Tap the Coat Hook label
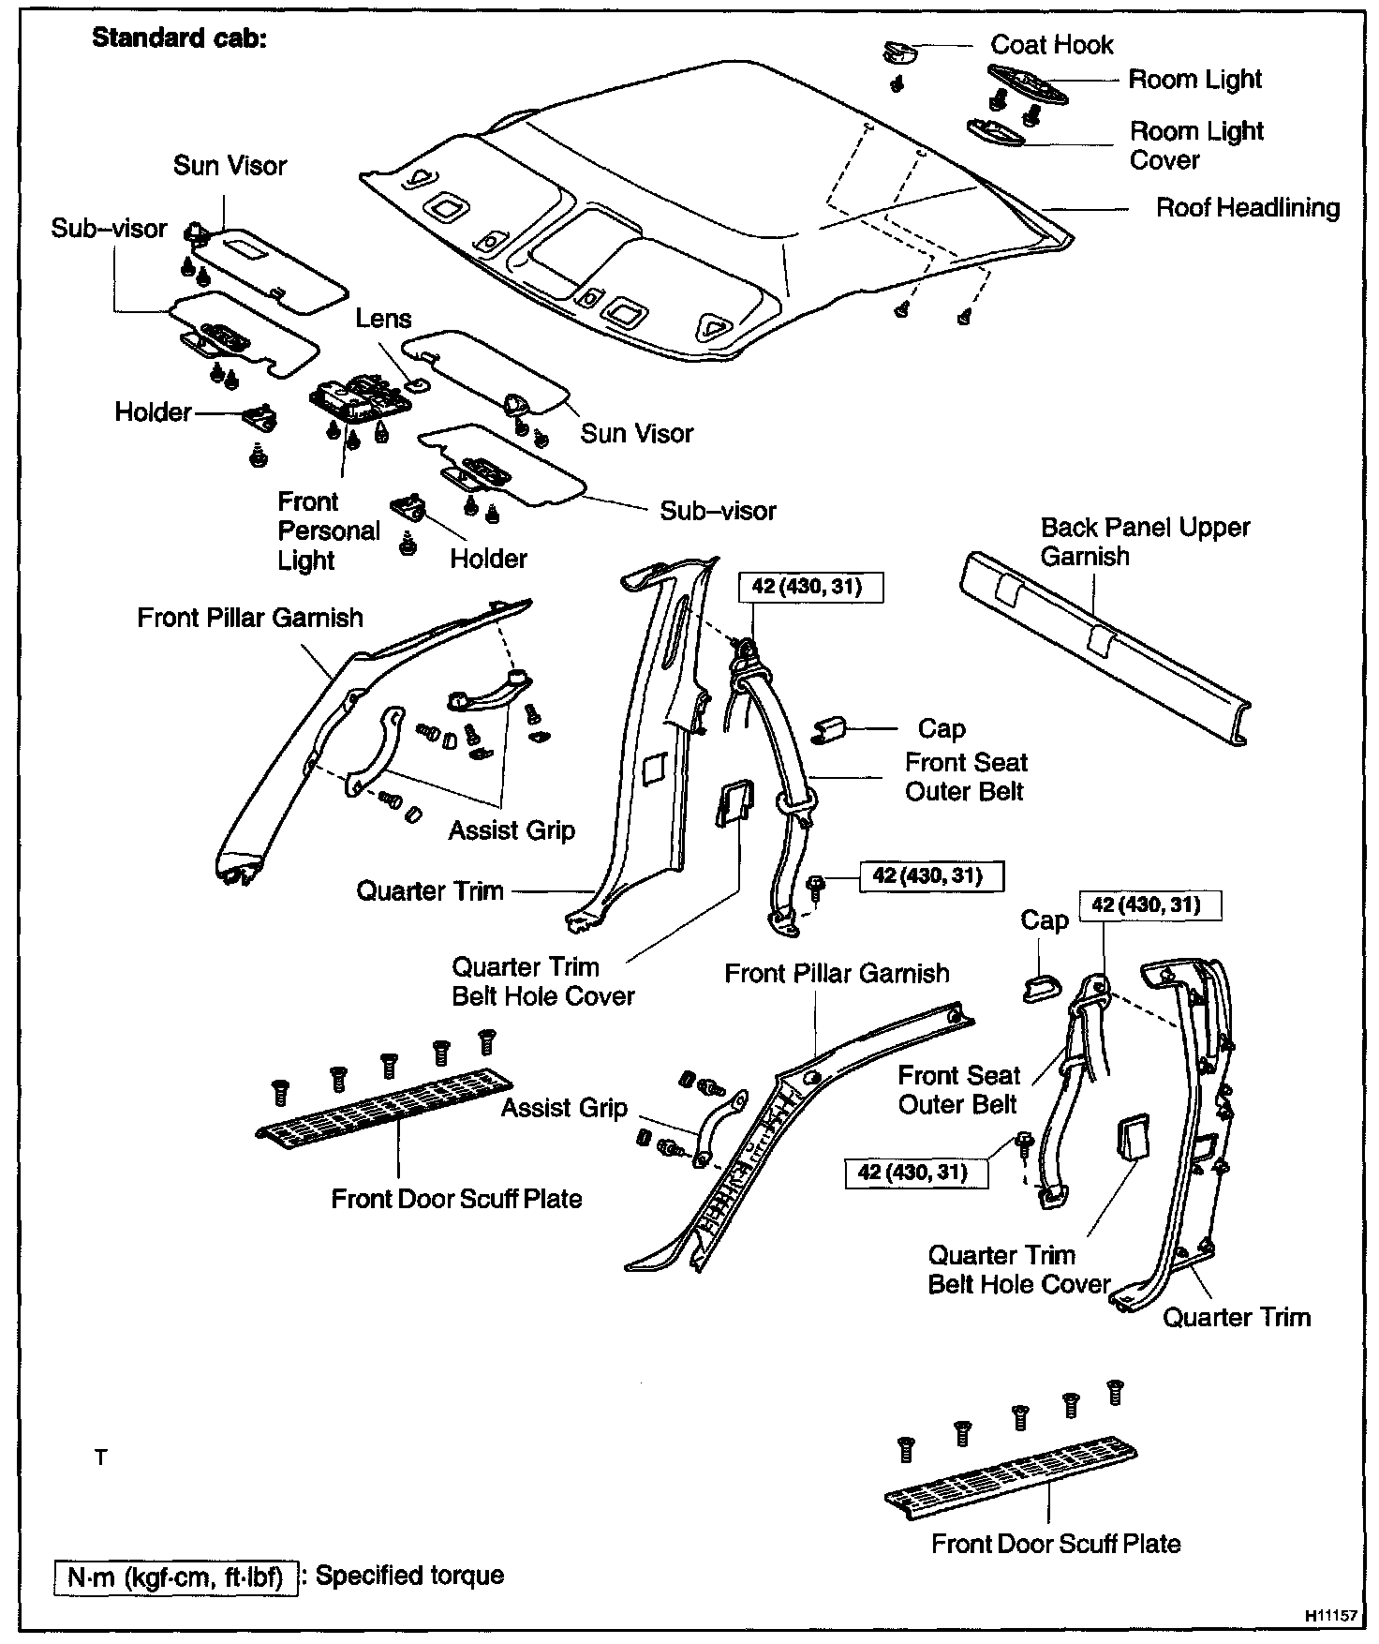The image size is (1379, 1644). click(1051, 45)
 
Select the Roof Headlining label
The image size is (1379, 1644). click(1247, 207)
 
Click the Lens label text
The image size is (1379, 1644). click(383, 319)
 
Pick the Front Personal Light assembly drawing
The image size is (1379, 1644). click(361, 399)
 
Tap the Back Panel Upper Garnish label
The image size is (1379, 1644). click(1145, 541)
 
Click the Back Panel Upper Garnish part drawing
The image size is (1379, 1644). click(1105, 647)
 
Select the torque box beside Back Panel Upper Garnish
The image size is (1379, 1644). click(812, 587)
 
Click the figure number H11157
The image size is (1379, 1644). click(1330, 1617)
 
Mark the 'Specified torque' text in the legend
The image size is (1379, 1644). click(409, 1575)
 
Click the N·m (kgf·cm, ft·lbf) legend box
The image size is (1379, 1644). click(175, 1577)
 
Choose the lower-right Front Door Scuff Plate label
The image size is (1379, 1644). click(1056, 1544)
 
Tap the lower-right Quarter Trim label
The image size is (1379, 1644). click(1236, 1317)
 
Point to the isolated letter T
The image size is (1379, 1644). click(101, 1457)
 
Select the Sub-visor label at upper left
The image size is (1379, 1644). click(109, 229)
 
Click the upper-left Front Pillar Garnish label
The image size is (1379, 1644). click(249, 618)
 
